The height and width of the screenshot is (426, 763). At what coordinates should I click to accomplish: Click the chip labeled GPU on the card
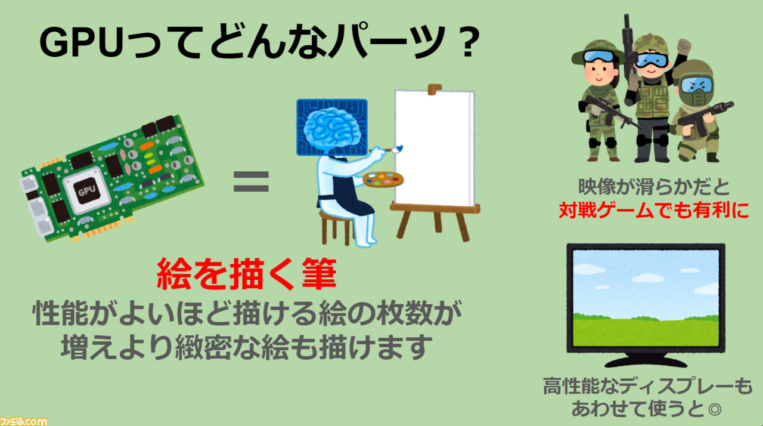click(x=87, y=190)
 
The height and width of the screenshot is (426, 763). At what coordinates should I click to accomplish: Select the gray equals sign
click(x=251, y=181)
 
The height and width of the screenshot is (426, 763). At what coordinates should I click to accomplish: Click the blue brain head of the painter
click(x=332, y=128)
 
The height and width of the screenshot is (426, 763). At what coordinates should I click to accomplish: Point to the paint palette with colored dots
click(x=383, y=179)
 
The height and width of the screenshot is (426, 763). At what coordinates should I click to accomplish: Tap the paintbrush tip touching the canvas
click(x=398, y=149)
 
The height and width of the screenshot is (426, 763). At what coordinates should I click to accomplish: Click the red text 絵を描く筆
click(x=247, y=274)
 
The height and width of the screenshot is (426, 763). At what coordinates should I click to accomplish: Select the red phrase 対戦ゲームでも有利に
click(x=654, y=210)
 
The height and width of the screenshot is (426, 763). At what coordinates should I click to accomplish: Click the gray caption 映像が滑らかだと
click(x=654, y=187)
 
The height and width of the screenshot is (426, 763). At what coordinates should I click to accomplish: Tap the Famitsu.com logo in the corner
click(x=23, y=422)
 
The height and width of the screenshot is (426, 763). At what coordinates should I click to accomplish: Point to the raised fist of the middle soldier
click(x=684, y=46)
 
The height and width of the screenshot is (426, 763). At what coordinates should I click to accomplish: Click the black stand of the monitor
click(x=646, y=360)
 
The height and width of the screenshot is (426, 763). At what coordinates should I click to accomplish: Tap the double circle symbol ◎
click(x=714, y=409)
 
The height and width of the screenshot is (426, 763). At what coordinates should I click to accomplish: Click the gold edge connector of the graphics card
click(x=103, y=230)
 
